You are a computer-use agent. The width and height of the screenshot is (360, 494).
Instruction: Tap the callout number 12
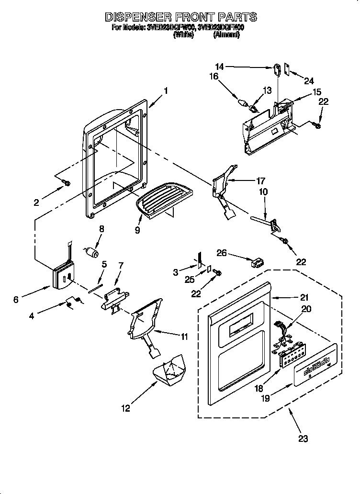click(125, 408)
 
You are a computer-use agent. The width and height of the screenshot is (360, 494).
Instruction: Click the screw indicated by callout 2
click(67, 183)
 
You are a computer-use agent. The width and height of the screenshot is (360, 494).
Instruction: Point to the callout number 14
click(219, 67)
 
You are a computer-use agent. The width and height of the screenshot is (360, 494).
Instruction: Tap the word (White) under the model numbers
click(183, 35)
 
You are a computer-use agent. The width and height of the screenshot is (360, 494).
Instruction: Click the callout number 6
click(16, 299)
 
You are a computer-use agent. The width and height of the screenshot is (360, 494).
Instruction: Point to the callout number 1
click(166, 90)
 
